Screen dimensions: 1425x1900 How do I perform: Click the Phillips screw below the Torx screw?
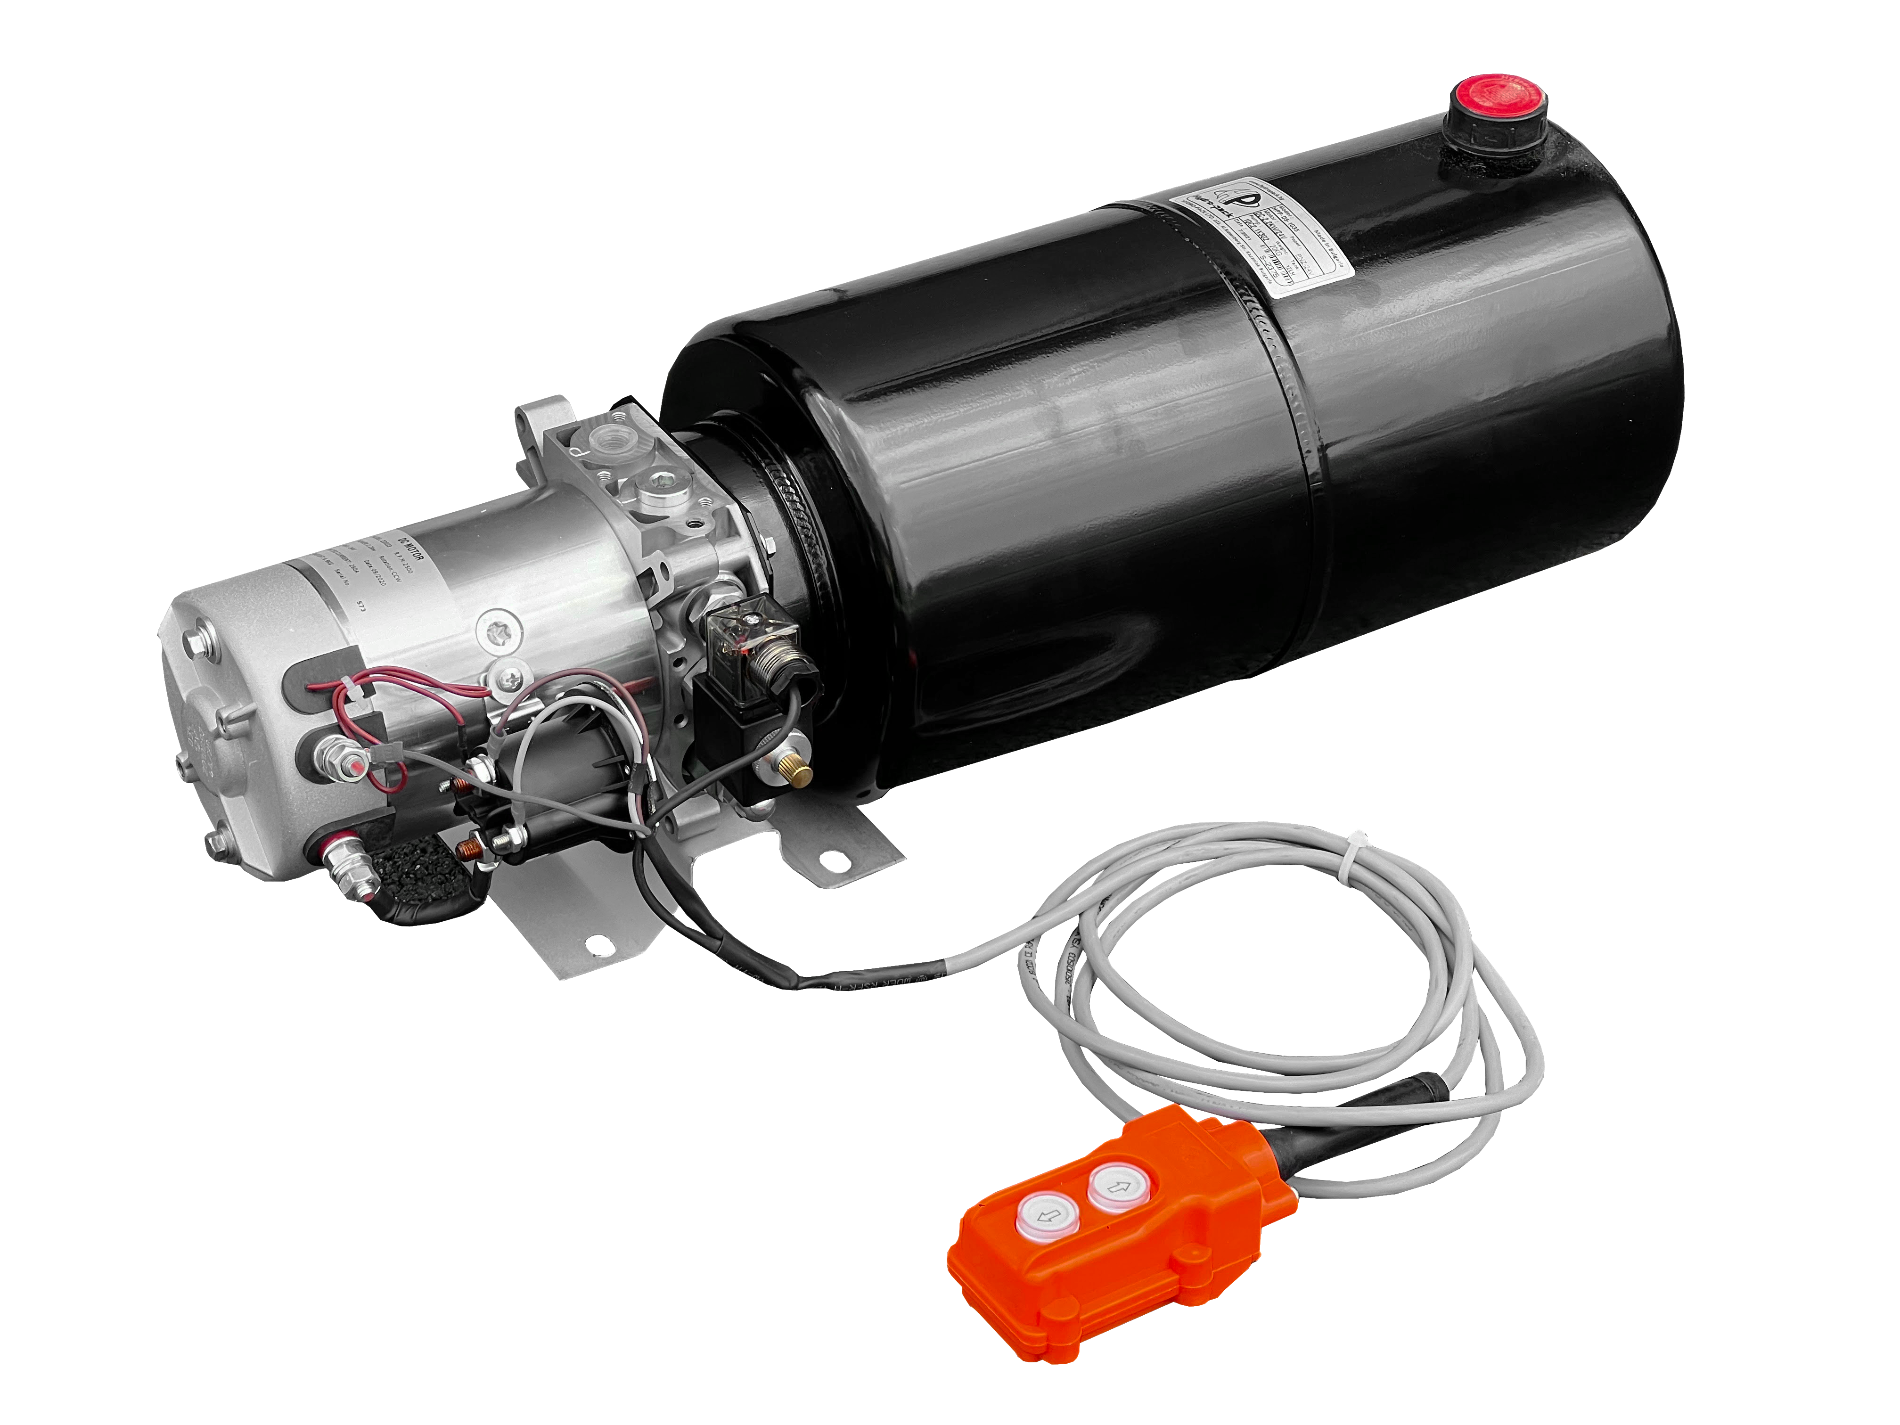[511, 679]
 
